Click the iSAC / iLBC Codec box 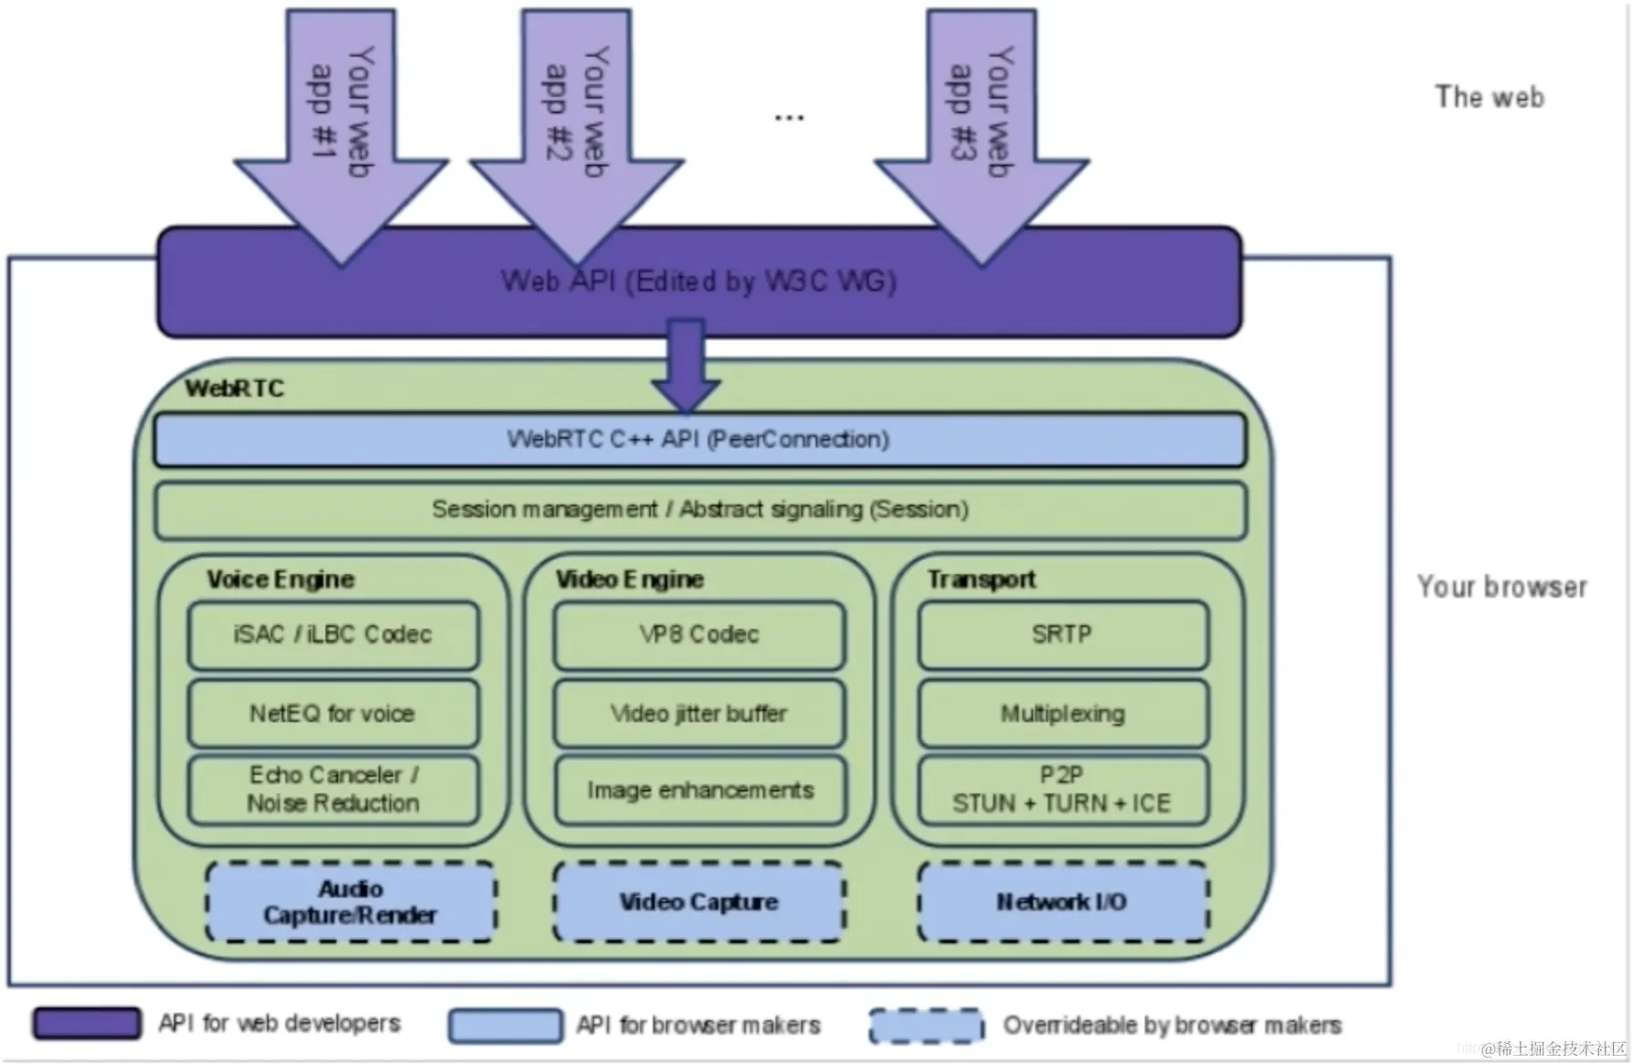333,634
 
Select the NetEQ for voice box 333,713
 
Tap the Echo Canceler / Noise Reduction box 333,790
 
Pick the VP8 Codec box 699,634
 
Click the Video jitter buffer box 699,713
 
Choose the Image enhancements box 699,790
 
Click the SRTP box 1062,634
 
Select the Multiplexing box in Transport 1062,713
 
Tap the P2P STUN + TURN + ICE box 1062,790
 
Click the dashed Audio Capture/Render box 351,902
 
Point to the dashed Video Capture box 699,902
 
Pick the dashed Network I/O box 1062,902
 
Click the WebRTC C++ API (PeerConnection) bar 699,440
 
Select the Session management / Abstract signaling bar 699,510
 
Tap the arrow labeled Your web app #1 341,137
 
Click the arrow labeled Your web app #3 982,137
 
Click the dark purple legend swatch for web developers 87,1024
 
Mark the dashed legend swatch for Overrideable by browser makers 926,1026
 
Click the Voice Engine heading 281,580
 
